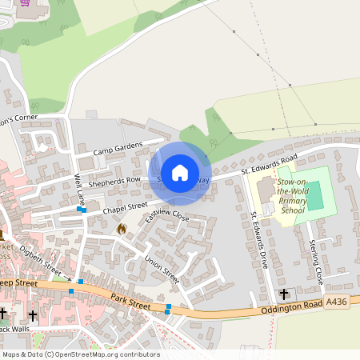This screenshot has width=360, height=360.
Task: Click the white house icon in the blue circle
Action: pyautogui.click(x=180, y=172)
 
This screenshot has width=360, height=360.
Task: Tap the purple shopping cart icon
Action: pyautogui.click(x=24, y=2)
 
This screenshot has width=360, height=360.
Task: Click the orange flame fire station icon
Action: pyautogui.click(x=122, y=229)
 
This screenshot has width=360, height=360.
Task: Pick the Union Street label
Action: pyautogui.click(x=162, y=268)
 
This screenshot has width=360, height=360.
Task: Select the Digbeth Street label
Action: pyautogui.click(x=39, y=258)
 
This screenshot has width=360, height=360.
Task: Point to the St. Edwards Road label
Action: pyautogui.click(x=270, y=164)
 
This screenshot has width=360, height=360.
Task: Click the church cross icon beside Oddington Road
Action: pyautogui.click(x=285, y=294)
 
